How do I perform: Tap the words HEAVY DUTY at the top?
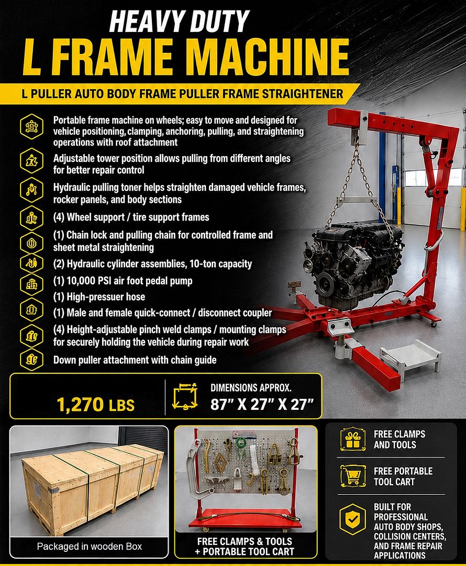coord(179,21)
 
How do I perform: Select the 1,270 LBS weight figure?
coord(96,404)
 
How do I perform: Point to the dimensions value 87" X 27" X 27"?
coord(262,404)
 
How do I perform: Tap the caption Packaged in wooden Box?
coord(90,547)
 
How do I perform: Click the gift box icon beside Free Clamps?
coord(352,439)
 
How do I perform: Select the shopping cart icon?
coord(353,476)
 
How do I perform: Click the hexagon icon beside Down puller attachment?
coord(31,360)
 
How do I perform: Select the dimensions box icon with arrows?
coord(185,396)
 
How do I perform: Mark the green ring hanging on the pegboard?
coord(241,442)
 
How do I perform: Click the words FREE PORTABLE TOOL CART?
coord(403,476)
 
